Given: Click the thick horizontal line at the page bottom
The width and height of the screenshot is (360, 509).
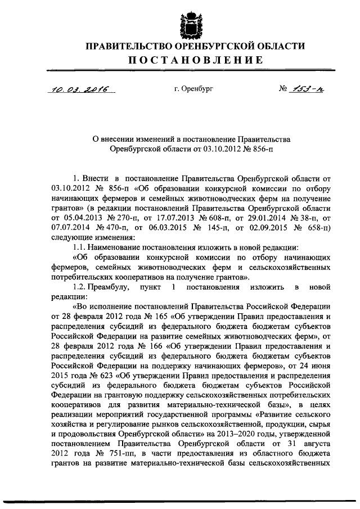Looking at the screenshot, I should pos(180,501).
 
